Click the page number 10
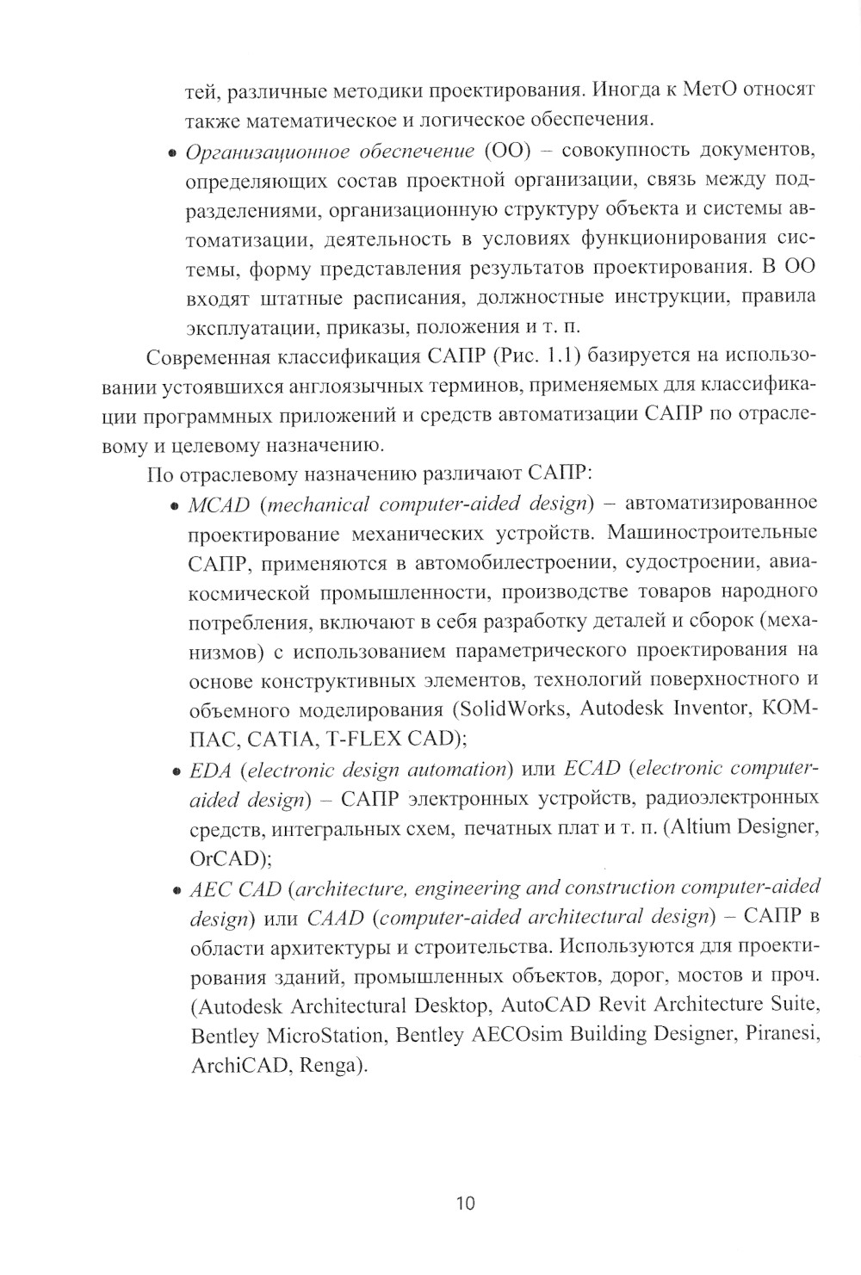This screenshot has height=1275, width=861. click(465, 1203)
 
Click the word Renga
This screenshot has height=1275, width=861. click(331, 1064)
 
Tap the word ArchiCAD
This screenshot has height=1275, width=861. click(232, 1064)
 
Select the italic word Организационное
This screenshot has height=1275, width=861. click(258, 152)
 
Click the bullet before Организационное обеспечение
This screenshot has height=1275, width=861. click(171, 153)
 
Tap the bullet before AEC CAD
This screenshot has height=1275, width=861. click(174, 890)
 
